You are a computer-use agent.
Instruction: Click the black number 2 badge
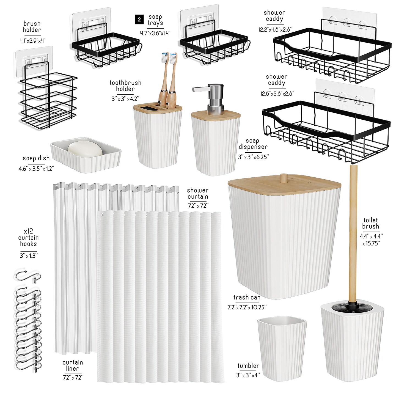[x=139, y=20]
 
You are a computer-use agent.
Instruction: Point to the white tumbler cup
[x=282, y=341]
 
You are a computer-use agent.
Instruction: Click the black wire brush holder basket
[x=48, y=99]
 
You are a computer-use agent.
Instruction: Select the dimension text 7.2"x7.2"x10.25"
[x=247, y=307]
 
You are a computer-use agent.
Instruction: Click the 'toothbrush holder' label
[x=125, y=86]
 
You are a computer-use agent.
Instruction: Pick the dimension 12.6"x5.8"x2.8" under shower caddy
[x=277, y=94]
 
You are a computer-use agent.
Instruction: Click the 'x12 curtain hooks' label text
[x=28, y=237]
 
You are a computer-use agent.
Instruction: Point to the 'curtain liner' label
[x=73, y=365]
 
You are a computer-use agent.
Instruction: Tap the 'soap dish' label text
[x=36, y=158]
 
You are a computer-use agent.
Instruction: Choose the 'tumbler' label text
[x=248, y=366]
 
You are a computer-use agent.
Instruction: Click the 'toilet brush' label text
[x=370, y=223]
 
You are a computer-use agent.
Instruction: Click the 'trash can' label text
[x=247, y=297]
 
